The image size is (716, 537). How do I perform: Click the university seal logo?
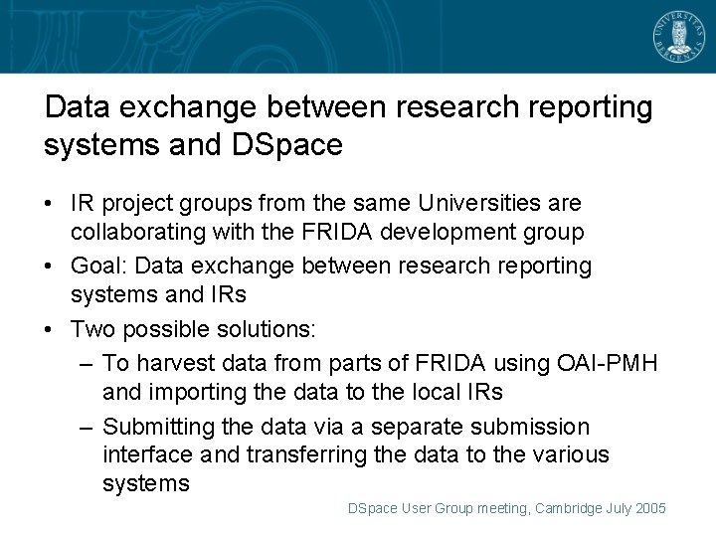coord(677,37)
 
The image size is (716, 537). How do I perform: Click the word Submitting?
coord(164,427)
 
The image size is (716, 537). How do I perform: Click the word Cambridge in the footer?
coord(569,508)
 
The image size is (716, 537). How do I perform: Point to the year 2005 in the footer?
coord(649,508)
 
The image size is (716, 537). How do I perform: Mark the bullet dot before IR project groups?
coord(49,204)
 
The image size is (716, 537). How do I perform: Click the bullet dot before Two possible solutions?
coord(49,329)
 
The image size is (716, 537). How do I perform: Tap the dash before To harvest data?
coord(87,363)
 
